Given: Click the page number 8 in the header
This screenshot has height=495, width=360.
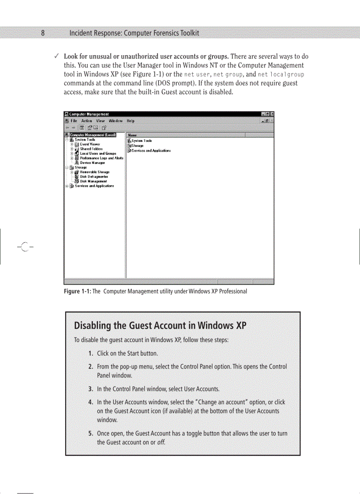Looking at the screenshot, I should coord(43,33).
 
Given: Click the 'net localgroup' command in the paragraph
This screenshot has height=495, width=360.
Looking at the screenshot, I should coord(281,74).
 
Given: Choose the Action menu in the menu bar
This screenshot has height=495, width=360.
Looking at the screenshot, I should coord(86,121).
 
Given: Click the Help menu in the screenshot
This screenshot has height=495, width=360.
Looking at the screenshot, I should coord(131,121).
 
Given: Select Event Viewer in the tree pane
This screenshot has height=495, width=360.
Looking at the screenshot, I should coord(90,144).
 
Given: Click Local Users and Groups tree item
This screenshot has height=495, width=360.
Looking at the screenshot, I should coord(97,153).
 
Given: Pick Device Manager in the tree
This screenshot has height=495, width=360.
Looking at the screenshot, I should coord(92,163).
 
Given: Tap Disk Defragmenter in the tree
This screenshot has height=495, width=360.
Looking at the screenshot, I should coord(94,176).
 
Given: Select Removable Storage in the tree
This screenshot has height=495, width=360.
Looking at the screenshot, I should coord(94,172).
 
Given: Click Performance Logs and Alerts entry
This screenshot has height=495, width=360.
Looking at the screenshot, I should coord(101,158).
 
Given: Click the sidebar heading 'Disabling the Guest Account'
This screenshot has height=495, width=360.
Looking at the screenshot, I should coord(160,326).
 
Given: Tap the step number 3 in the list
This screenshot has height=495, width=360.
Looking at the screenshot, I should coord(90,389).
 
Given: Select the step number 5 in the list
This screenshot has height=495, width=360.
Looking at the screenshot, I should coord(90,433).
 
